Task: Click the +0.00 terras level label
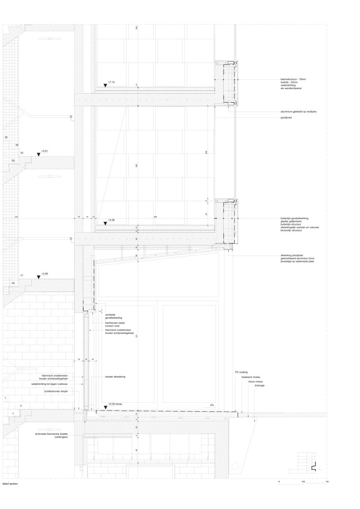115,404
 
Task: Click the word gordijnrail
284,118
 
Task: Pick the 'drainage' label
259,386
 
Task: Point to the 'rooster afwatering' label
115,376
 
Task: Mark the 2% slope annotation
211,405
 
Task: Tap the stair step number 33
22,153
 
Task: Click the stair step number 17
21,275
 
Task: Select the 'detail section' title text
9,484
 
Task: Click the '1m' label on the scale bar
327,482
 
